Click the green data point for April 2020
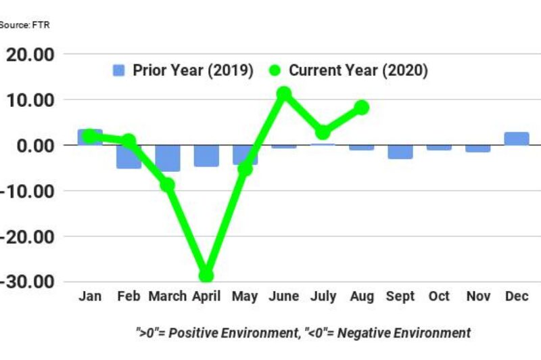206,275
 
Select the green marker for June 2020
284,93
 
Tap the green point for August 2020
361,107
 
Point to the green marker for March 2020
167,184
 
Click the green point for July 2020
323,132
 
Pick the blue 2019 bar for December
517,139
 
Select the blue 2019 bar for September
400,152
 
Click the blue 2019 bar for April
206,156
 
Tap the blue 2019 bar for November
478,148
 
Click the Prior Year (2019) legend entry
183,70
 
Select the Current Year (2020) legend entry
348,70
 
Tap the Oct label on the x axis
439,296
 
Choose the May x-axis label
245,297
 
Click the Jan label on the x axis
90,296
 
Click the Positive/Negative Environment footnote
302,333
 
